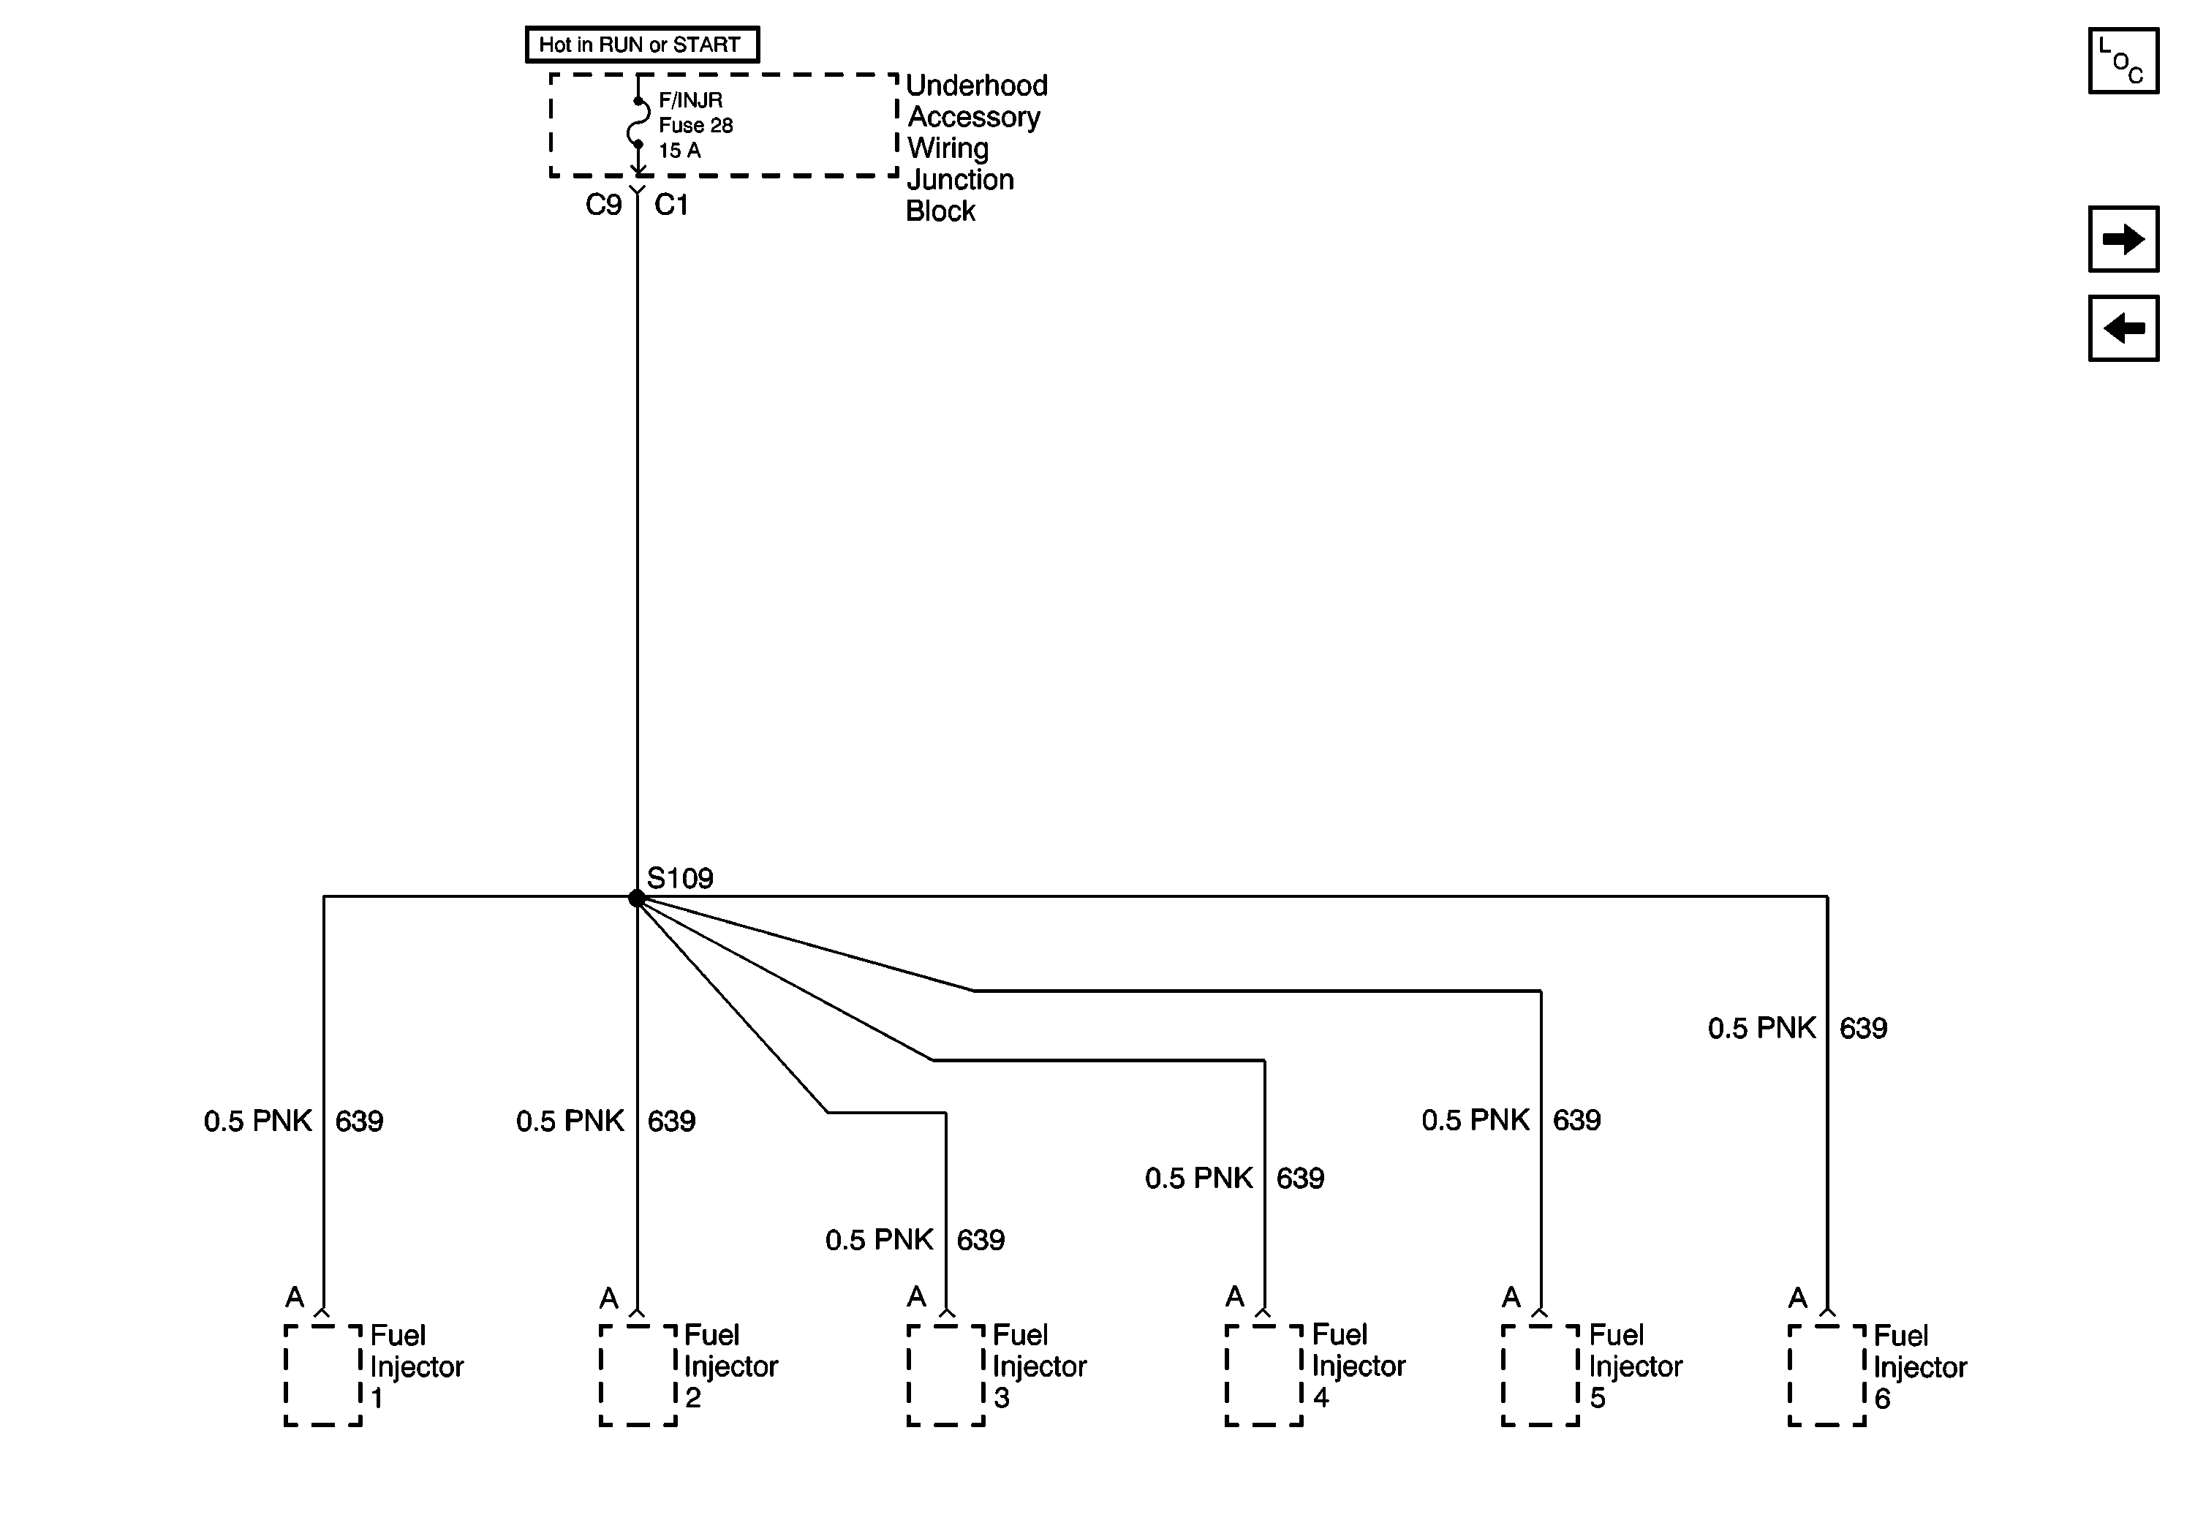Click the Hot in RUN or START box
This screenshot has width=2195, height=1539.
point(641,45)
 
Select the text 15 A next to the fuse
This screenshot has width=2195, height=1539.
point(680,151)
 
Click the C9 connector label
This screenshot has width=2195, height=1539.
point(603,205)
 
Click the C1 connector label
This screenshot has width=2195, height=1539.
point(671,205)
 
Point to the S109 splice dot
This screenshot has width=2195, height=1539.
point(637,898)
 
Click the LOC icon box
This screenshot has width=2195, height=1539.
point(2123,61)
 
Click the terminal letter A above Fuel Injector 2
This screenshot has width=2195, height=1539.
point(609,1298)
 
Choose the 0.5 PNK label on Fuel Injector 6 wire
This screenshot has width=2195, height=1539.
point(1762,1029)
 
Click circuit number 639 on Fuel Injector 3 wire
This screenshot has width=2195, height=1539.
point(981,1240)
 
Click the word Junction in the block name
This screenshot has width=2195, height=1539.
point(960,180)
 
